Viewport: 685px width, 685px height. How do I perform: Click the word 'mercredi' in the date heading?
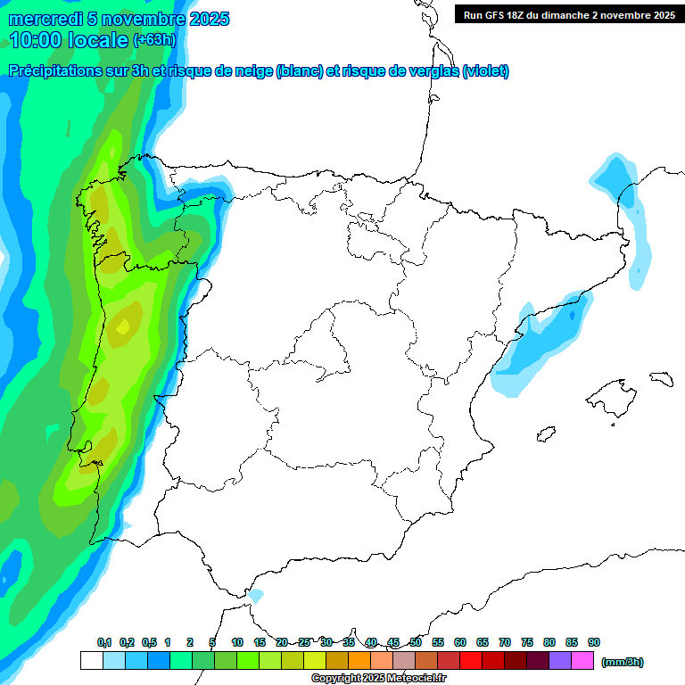click(x=44, y=19)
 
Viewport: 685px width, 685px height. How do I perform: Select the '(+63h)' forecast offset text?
click(x=154, y=40)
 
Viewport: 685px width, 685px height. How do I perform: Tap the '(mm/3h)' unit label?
click(x=623, y=662)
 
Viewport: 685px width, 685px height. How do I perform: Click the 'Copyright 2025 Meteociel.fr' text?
click(x=378, y=679)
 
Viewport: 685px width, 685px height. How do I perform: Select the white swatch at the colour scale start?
click(x=91, y=660)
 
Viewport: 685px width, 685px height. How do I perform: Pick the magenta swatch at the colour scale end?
click(x=583, y=660)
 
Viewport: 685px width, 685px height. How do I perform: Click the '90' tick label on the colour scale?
click(x=594, y=642)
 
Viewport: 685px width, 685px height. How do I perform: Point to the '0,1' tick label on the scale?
click(x=104, y=642)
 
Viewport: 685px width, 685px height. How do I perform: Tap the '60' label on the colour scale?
click(x=460, y=642)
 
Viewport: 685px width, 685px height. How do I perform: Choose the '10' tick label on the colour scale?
click(x=237, y=642)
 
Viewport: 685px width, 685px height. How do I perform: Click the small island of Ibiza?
click(x=544, y=435)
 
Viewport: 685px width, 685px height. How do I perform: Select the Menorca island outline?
click(x=661, y=378)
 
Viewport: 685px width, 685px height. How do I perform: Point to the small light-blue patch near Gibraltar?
click(x=256, y=595)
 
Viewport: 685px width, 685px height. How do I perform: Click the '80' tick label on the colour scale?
click(x=549, y=642)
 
